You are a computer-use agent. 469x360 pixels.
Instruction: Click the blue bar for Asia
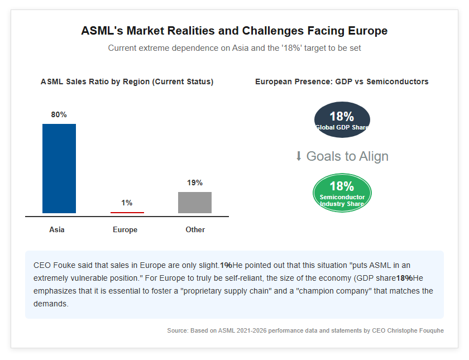[x=59, y=169]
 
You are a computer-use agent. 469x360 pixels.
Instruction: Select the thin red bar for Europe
[x=127, y=213]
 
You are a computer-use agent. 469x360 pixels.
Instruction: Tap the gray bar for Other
[x=195, y=203]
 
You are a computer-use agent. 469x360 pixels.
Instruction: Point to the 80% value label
[x=59, y=114]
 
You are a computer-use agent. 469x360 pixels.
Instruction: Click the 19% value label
[x=195, y=183]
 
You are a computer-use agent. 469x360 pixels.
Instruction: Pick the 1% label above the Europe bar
[x=127, y=203]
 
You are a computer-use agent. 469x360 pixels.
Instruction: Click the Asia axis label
[x=57, y=229]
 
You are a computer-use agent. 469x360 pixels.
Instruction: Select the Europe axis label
[x=125, y=230]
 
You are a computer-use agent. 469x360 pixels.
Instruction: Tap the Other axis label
[x=195, y=229]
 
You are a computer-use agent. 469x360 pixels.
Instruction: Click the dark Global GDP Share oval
[x=342, y=119]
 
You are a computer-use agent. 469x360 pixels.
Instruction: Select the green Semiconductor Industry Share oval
[x=342, y=193]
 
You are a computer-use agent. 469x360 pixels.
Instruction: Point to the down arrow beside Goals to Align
[x=299, y=156]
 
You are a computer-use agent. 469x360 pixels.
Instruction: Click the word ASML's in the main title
[x=102, y=31]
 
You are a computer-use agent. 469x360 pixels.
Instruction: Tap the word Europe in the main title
[x=367, y=31]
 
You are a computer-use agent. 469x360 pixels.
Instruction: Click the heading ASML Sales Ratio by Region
[x=127, y=81]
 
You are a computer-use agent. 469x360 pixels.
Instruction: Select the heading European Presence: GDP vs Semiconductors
[x=342, y=81]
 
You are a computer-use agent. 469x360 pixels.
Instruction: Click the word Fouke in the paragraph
[x=64, y=266]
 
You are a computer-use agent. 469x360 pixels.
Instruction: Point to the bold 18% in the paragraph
[x=404, y=279]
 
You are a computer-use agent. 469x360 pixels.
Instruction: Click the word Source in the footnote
[x=177, y=330]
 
